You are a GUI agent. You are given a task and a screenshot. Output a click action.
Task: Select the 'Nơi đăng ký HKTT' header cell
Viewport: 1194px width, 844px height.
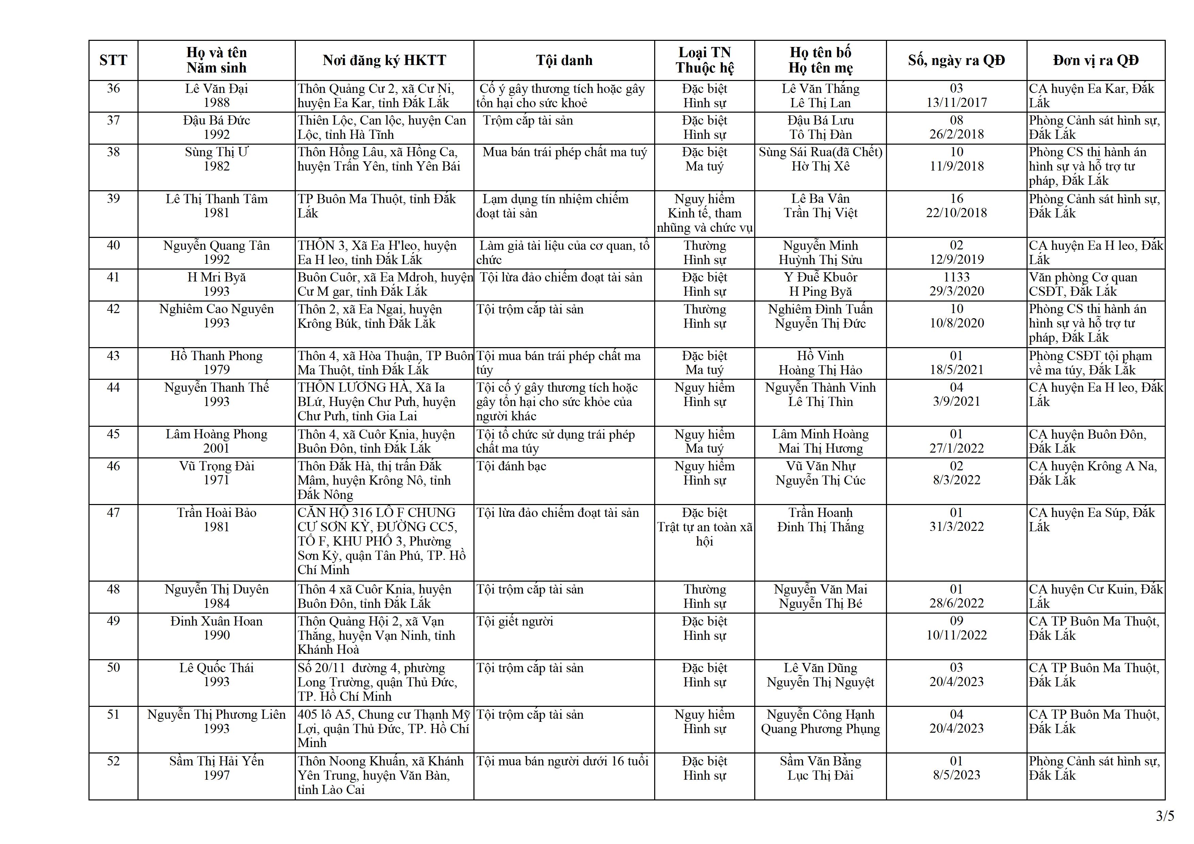click(x=384, y=60)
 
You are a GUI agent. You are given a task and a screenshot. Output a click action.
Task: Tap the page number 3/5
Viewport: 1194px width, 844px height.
click(x=1165, y=816)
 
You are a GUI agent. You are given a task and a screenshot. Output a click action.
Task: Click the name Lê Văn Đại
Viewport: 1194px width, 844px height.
click(x=216, y=89)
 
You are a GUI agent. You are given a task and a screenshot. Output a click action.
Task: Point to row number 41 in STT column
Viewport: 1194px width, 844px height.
click(x=113, y=277)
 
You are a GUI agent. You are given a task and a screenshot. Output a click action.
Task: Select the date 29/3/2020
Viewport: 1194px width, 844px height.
click(x=956, y=291)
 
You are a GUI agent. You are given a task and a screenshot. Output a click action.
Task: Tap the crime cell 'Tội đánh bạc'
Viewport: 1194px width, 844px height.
click(x=511, y=466)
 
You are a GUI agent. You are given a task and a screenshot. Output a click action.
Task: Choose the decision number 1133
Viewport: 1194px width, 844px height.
click(x=956, y=277)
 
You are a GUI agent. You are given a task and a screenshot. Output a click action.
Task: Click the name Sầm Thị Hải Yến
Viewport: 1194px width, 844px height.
click(x=216, y=761)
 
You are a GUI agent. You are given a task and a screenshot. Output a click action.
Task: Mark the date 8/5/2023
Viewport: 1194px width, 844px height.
click(x=956, y=775)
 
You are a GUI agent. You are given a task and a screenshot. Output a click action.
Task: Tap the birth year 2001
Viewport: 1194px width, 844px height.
click(x=216, y=448)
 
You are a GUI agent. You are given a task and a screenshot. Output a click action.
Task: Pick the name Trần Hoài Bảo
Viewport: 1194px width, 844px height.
click(x=216, y=513)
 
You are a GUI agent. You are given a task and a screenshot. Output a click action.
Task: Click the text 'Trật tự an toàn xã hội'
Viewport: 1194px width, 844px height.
click(x=704, y=534)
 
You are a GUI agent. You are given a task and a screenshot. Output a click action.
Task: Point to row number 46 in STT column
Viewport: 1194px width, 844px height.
click(x=113, y=466)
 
